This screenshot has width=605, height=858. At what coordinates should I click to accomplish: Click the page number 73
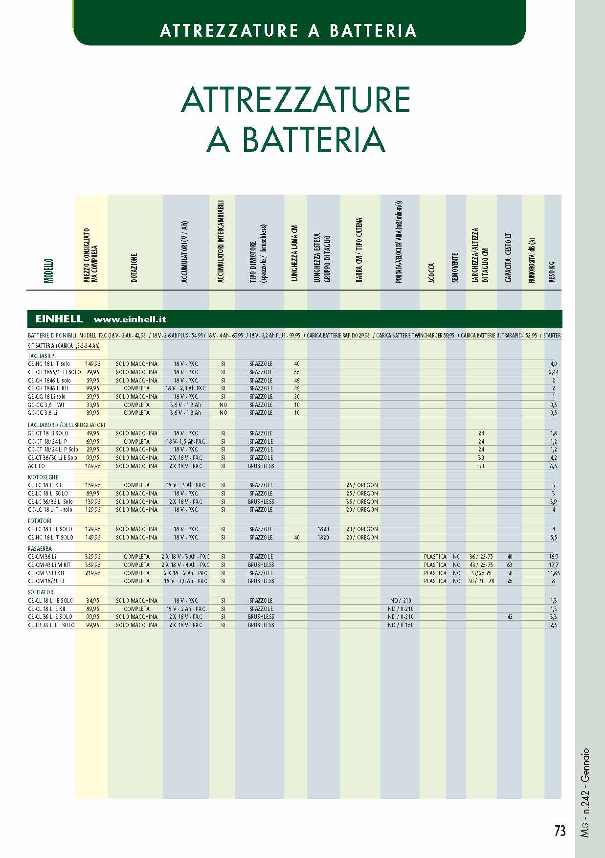560,831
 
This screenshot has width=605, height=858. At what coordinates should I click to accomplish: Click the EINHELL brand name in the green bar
59,319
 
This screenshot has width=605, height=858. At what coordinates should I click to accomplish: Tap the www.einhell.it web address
130,319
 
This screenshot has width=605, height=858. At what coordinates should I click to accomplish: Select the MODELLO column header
48,271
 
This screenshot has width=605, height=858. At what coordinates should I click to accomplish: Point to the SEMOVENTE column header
455,267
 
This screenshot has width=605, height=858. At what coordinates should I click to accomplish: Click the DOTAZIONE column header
134,268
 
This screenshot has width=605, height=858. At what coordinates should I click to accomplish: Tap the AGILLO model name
37,466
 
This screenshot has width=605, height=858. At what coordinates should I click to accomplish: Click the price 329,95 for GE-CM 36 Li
93,557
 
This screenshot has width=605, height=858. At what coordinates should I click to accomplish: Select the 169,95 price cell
93,466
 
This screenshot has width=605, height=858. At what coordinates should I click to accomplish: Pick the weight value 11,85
554,573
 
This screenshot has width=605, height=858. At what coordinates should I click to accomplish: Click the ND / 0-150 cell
401,625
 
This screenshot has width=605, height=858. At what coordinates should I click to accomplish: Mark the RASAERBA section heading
40,549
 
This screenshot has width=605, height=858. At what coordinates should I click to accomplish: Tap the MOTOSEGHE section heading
43,477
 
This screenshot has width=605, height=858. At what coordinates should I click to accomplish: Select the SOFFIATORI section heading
41,592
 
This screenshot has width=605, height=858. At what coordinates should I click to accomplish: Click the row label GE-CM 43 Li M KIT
49,565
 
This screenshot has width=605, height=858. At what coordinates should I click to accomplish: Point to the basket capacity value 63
510,565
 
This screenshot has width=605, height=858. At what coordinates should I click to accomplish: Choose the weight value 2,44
554,372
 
